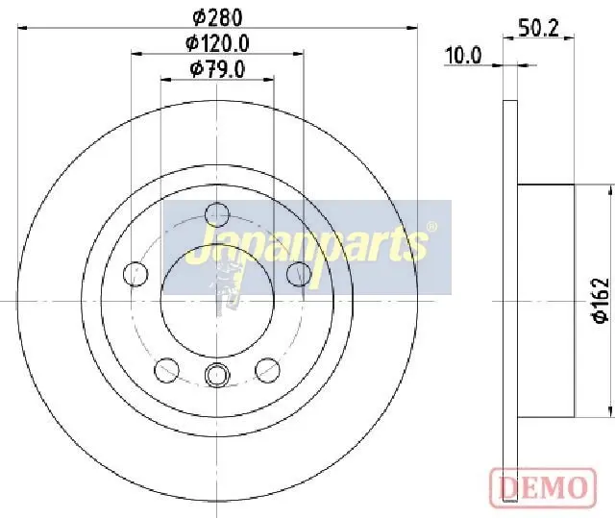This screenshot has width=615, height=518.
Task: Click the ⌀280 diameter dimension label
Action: (x=218, y=18)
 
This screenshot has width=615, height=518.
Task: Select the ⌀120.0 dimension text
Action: (x=218, y=43)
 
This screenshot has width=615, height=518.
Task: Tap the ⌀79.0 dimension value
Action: (x=218, y=69)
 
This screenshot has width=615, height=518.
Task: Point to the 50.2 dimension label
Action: (x=538, y=28)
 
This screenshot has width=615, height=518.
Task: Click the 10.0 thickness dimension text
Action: (x=463, y=56)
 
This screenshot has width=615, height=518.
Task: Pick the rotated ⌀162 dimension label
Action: (x=601, y=301)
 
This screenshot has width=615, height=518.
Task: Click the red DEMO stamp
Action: (x=543, y=488)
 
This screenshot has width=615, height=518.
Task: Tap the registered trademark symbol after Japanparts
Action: (x=431, y=227)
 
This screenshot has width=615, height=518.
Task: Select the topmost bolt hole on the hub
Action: (x=217, y=214)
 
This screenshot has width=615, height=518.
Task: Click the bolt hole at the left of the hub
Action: (x=135, y=274)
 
